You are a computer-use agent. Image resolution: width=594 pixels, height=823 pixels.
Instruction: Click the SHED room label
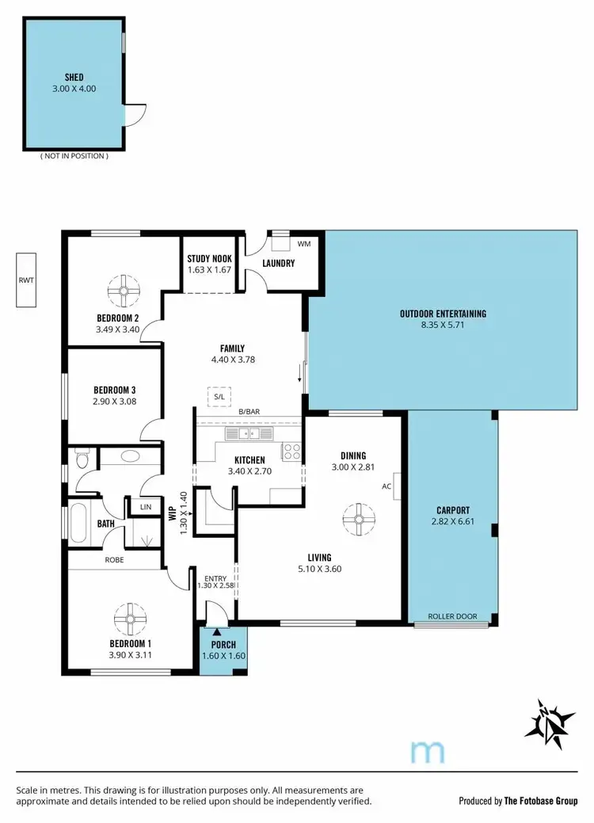73,77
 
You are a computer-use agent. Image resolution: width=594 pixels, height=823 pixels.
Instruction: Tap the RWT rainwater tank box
26,280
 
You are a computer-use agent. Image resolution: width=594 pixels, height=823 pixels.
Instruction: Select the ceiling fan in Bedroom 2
124,290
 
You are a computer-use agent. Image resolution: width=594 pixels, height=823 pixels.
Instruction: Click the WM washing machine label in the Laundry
303,243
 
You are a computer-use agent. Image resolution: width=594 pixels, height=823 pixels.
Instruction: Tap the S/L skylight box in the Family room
218,396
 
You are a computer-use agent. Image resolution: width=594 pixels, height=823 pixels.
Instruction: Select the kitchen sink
248,434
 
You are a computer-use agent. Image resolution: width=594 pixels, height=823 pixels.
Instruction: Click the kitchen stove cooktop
291,452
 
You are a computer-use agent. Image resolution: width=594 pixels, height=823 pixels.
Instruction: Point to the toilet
79,458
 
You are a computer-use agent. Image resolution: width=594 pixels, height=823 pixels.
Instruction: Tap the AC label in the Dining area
387,486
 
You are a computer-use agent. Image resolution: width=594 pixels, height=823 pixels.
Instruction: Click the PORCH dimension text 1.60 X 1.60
223,656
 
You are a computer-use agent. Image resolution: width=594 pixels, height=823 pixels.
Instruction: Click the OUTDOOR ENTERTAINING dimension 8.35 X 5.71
443,325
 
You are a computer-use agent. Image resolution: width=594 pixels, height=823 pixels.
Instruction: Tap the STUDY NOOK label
209,258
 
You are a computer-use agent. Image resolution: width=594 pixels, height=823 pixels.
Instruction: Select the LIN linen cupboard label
146,507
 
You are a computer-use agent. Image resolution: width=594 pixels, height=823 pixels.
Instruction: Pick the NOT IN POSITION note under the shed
74,156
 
